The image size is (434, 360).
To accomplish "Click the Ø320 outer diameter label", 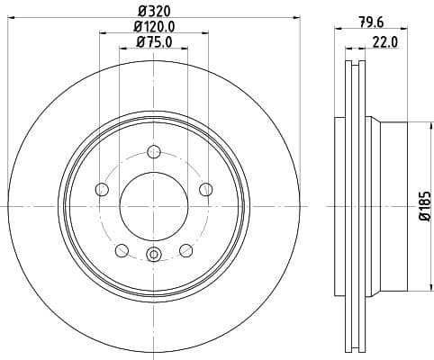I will [153, 12].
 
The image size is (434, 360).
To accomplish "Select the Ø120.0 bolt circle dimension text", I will [154, 27].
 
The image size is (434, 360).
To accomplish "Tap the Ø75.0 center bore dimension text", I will [154, 41].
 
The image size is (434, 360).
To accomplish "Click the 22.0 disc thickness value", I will [386, 42].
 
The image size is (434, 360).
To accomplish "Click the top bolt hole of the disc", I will [153, 151].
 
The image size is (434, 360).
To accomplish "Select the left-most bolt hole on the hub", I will [101, 189].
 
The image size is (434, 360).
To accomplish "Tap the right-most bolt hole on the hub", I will [205, 189].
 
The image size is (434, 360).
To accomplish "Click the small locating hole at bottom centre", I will [153, 256].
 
